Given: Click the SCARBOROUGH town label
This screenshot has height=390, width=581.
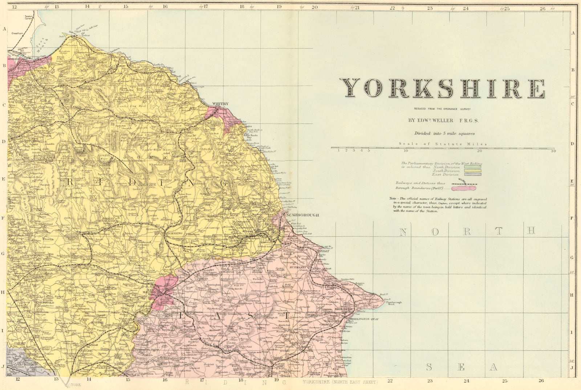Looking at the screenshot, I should coord(302,215).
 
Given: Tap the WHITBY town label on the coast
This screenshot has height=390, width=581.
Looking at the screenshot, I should coord(220,104).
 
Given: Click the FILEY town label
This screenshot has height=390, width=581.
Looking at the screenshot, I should coord(324,251).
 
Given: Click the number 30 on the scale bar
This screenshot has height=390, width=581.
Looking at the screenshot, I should coord(553,151).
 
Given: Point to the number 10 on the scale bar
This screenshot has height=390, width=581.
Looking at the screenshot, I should coord(406,151).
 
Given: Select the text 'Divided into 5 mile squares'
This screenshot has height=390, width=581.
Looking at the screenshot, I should coord(444,133).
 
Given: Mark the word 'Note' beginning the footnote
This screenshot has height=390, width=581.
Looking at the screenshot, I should coord(393,199).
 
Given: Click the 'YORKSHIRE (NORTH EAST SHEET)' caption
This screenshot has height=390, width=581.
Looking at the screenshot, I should coord(340,382).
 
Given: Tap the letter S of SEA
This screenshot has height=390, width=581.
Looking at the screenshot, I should coord(429,367).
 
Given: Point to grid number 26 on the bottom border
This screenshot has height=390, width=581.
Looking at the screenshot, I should coord(541,381).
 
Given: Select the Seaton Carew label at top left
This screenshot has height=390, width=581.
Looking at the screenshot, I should coord(29,17).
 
